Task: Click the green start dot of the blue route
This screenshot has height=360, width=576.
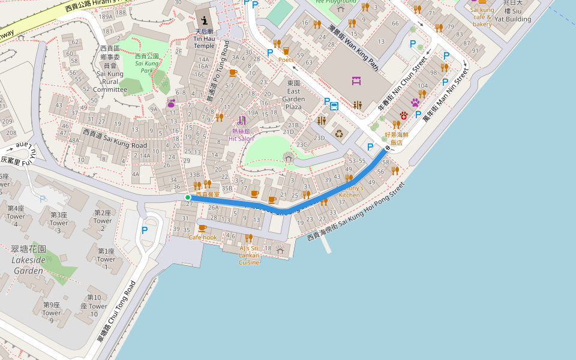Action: [x=188, y=197]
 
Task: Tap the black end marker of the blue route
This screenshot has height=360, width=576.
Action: [x=388, y=147]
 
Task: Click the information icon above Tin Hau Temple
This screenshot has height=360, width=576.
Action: [x=204, y=20]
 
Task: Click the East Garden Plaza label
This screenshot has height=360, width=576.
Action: [x=293, y=95]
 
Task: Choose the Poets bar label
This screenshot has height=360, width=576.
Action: [x=286, y=59]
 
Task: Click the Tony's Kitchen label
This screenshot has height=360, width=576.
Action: [x=350, y=191]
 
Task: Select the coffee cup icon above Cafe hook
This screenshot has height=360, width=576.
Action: [x=202, y=228]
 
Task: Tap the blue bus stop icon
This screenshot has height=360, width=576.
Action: [x=334, y=106]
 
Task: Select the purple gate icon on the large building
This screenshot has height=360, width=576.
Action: [x=356, y=80]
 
